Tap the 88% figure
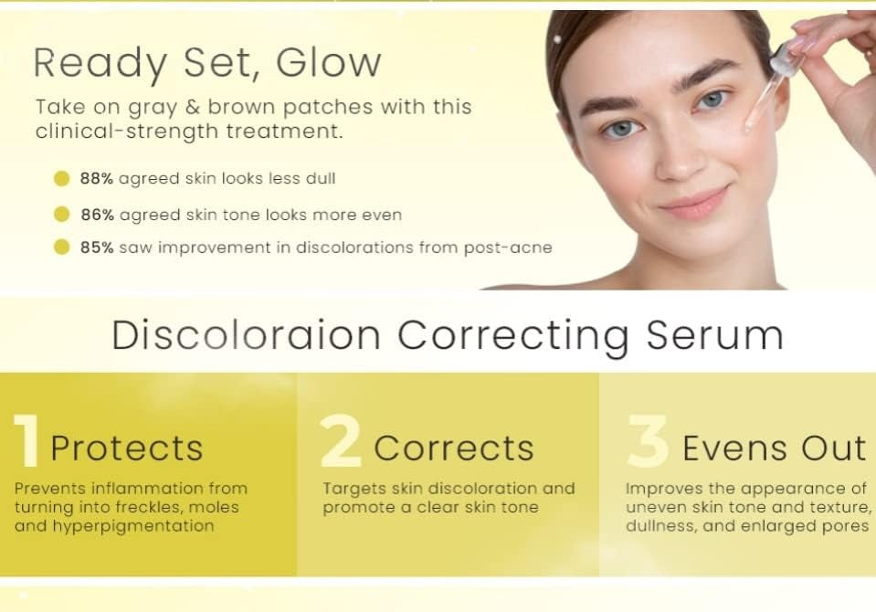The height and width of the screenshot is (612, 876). coord(96,179)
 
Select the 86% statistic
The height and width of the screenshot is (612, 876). coord(96,215)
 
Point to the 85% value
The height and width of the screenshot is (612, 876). coord(96,247)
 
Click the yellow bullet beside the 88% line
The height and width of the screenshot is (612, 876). coord(61,179)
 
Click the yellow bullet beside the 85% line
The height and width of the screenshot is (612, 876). coord(61,247)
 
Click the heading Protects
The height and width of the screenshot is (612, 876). coord(127,448)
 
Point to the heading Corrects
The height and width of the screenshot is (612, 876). coord(454,448)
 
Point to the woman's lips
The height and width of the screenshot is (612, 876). coord(693,202)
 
